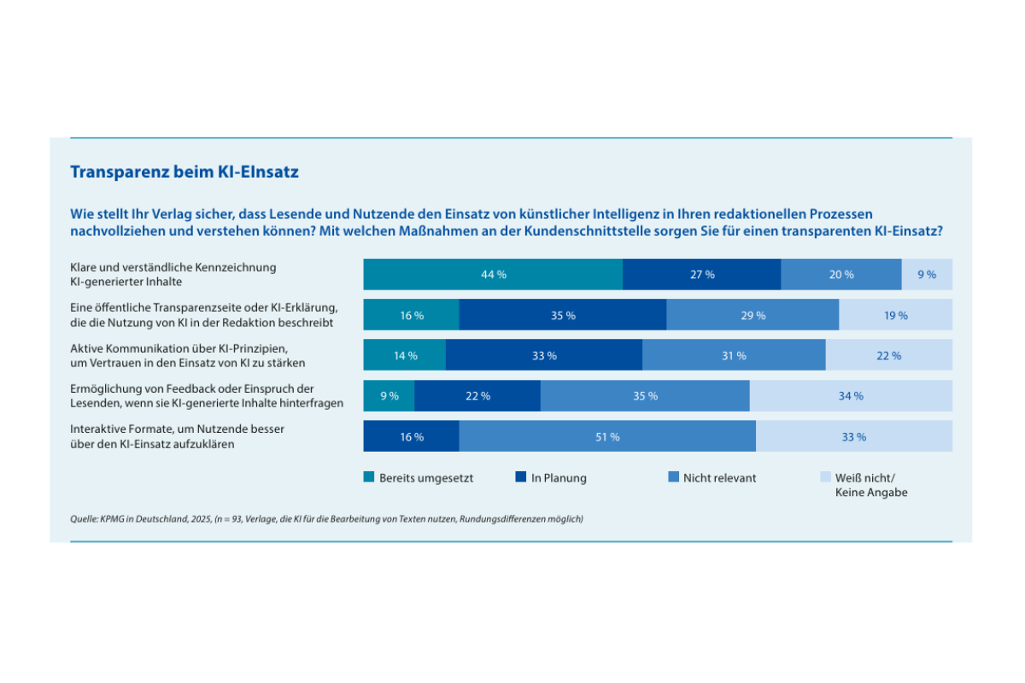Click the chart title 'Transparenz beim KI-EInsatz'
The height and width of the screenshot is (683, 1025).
(x=184, y=172)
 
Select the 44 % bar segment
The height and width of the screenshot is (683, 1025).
(x=493, y=274)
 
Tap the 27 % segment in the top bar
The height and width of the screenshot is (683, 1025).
(x=701, y=274)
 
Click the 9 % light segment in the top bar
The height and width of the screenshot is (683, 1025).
(x=927, y=274)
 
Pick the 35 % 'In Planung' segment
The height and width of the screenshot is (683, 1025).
(x=562, y=315)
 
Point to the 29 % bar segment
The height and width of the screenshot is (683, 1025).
(x=753, y=315)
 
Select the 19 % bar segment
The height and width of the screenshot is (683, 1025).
(x=895, y=315)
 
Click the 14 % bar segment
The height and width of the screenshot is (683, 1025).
(x=405, y=355)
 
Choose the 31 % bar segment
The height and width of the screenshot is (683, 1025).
(x=734, y=355)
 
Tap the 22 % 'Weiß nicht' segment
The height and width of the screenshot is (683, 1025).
(x=888, y=355)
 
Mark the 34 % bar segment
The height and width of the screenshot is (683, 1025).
(x=851, y=396)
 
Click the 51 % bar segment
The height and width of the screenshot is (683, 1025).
(x=607, y=436)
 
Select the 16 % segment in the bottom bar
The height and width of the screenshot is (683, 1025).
(x=411, y=436)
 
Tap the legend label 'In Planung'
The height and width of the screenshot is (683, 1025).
(x=559, y=478)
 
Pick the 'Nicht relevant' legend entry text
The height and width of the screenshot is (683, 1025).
(x=719, y=478)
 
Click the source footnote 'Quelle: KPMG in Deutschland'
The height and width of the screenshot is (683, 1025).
(x=326, y=518)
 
